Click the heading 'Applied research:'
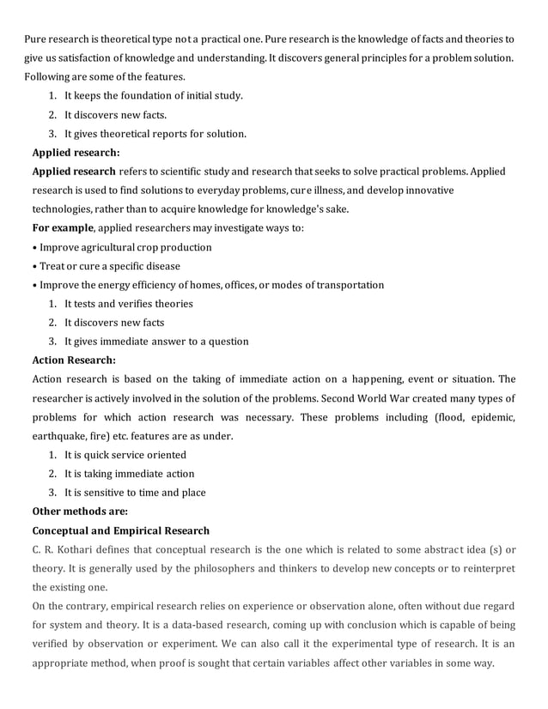76,153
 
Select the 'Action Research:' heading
73,361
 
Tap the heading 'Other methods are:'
79,512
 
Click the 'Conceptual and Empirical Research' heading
120,530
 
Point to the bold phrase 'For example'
64,228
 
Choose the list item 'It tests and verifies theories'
128,304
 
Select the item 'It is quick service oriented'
125,455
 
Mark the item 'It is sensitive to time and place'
134,493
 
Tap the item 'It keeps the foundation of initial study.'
153,96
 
